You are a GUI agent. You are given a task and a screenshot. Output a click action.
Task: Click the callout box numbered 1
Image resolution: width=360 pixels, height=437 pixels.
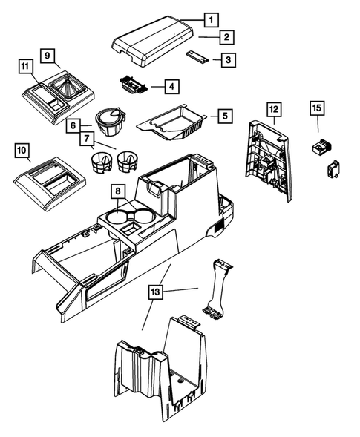click(x=211, y=20)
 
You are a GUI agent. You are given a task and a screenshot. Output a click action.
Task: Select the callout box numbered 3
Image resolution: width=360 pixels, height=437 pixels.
click(x=229, y=59)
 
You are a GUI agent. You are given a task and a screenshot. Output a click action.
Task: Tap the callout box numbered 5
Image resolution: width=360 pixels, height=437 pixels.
click(x=225, y=116)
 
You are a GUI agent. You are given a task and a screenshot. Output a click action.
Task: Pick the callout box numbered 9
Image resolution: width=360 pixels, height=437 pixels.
click(x=48, y=56)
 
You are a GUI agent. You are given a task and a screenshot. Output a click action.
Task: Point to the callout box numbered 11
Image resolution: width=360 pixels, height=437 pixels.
click(x=26, y=66)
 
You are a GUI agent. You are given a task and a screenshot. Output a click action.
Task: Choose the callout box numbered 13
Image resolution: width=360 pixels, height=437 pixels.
click(x=155, y=292)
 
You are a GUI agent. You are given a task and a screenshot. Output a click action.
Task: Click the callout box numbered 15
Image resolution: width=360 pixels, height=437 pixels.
click(x=317, y=108)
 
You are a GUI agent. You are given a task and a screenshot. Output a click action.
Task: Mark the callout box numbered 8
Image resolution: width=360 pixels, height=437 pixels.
click(x=118, y=191)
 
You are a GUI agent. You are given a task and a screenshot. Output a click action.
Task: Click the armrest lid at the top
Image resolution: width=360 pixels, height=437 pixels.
click(x=152, y=41)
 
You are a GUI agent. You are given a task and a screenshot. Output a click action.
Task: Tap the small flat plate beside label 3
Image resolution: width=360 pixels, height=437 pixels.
click(x=197, y=57)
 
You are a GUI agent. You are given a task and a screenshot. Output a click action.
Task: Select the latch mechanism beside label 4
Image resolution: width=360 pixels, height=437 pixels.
click(x=134, y=85)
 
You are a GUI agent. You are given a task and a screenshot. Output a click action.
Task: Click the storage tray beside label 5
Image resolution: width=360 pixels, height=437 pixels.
click(x=171, y=122)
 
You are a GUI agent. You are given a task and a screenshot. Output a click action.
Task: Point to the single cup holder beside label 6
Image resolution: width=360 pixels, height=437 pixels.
click(x=110, y=121)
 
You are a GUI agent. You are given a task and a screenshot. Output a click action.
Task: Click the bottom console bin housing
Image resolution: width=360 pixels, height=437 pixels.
click(x=161, y=369)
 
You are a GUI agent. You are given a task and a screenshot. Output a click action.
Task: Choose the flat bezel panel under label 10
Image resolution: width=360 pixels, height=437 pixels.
click(x=50, y=183)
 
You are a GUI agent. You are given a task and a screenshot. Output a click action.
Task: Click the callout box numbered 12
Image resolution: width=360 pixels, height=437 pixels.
click(x=274, y=109)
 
